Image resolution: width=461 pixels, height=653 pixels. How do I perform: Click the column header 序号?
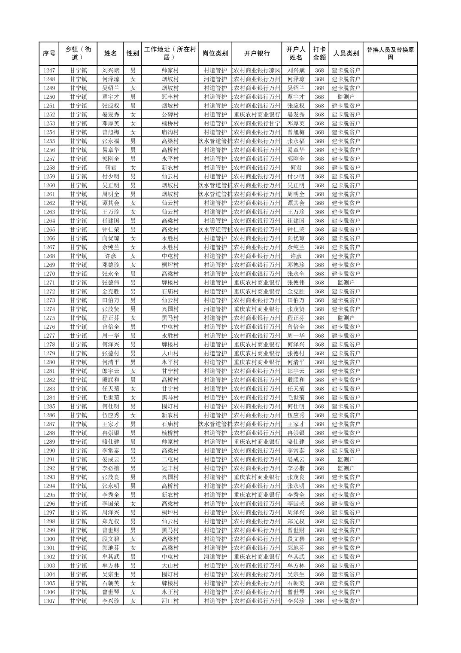coord(49,54)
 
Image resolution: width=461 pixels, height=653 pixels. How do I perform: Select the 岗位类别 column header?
coord(215,54)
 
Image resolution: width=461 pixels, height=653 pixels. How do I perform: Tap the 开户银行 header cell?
coord(257,54)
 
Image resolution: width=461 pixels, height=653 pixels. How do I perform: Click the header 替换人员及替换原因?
coord(390,54)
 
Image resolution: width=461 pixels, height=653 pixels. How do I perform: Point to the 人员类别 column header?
coord(346,54)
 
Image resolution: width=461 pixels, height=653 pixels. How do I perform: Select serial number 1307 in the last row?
coord(49,601)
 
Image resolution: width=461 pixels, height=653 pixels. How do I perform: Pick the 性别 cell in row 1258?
coord(133,168)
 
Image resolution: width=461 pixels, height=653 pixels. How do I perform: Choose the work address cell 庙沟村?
coord(170,132)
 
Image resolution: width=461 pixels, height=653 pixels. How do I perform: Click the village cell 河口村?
coord(170,601)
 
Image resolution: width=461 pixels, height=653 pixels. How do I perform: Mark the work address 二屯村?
coord(170,459)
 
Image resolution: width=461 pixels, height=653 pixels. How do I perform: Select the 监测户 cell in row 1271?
coord(346,283)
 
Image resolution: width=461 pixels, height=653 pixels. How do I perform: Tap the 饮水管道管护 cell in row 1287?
coord(215,424)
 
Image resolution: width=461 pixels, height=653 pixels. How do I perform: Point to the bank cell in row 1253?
coord(257,123)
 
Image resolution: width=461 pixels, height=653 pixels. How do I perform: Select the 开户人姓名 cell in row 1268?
coord(296,256)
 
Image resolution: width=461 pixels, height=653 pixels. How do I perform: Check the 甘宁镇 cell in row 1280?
coord(79,362)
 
